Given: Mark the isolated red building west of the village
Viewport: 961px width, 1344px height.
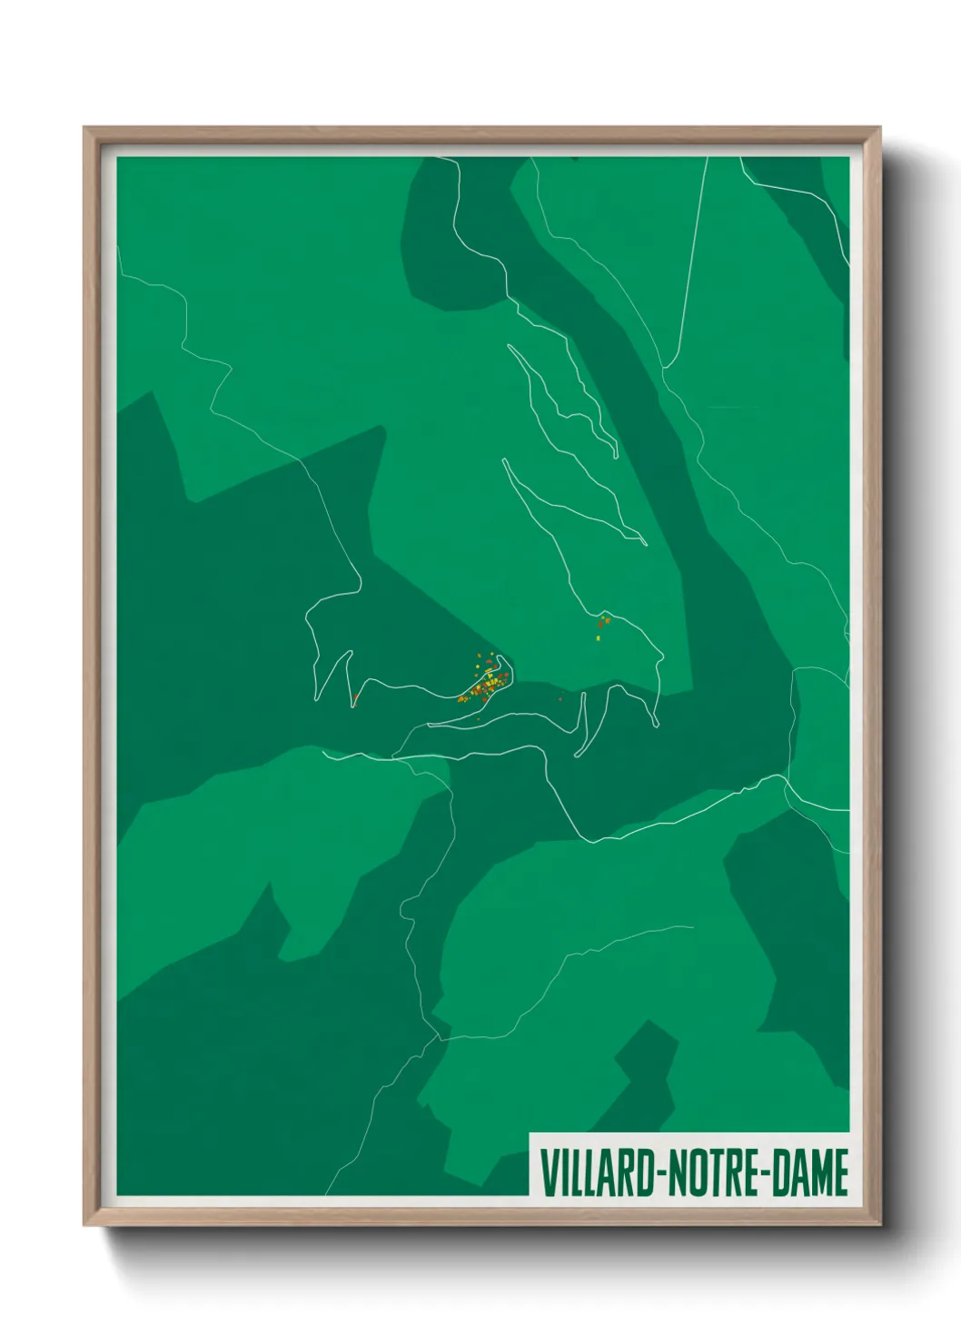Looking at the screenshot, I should tap(355, 698).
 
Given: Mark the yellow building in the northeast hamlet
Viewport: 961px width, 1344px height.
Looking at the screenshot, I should tap(598, 637).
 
